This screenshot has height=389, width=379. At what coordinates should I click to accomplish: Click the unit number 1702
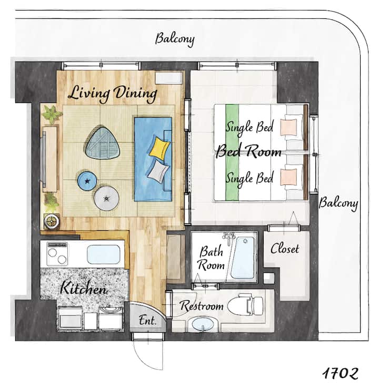click(340, 373)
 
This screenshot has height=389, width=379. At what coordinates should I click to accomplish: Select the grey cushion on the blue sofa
click(158, 171)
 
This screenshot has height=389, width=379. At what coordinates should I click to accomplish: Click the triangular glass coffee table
click(102, 143)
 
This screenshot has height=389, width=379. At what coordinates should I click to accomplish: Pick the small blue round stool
click(87, 181)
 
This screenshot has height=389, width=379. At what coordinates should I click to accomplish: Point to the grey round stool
click(106, 199)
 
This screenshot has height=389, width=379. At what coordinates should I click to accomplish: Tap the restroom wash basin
click(203, 324)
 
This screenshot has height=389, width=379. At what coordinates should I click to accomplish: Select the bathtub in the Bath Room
click(243, 258)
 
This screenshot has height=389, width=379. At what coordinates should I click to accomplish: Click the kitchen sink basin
click(104, 254)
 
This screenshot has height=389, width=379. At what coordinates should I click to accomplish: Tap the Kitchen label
click(84, 288)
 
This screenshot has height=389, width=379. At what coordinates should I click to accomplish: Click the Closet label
click(285, 248)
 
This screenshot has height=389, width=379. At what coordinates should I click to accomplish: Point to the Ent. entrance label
click(147, 320)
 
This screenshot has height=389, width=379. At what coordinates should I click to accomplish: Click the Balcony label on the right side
click(338, 203)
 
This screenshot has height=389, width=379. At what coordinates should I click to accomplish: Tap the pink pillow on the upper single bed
click(288, 127)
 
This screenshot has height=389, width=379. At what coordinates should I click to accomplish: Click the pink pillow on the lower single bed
click(288, 177)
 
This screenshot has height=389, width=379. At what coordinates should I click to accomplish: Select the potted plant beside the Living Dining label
click(52, 115)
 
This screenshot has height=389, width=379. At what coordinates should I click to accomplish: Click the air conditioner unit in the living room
click(169, 79)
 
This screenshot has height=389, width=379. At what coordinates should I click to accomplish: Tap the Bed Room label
click(248, 151)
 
